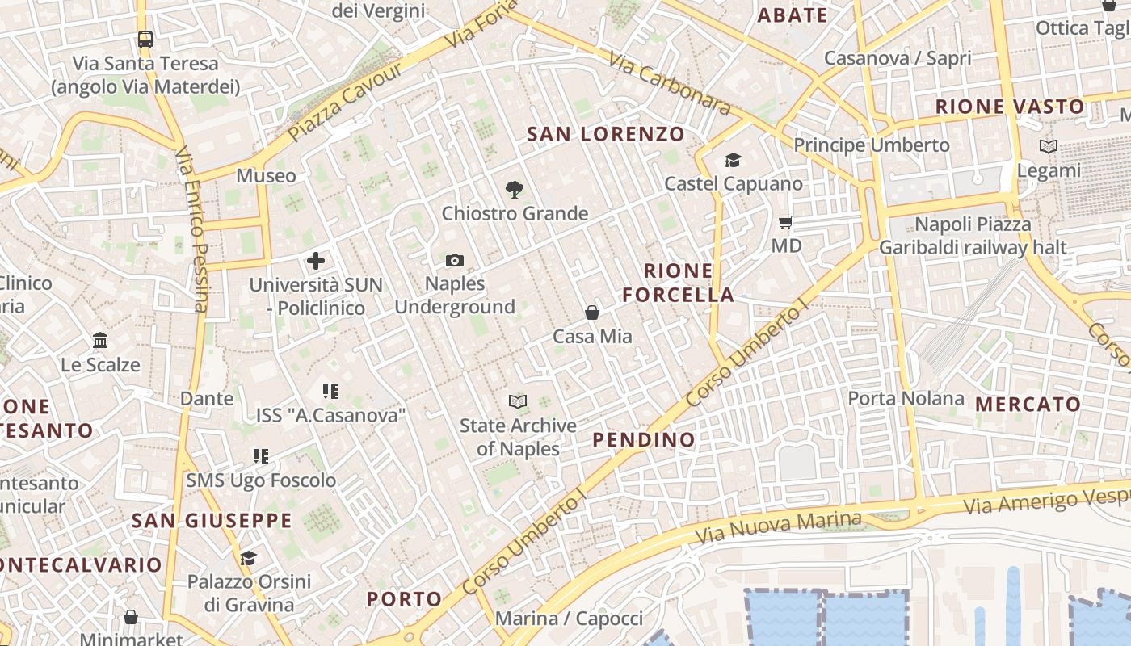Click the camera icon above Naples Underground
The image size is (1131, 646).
[x=455, y=260]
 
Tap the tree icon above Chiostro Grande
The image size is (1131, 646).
[x=514, y=191]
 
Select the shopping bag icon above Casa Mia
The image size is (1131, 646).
[x=592, y=313]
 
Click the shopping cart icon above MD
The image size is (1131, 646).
[x=786, y=222]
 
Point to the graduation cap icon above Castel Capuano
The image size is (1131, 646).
[x=733, y=161]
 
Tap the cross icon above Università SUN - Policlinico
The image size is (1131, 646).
[x=316, y=261]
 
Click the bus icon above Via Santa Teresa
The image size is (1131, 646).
[x=145, y=39]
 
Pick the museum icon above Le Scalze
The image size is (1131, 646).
[x=100, y=340]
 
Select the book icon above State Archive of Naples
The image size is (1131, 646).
[x=518, y=401]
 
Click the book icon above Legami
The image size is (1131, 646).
[x=1049, y=147]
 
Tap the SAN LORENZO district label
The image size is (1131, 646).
[x=606, y=134]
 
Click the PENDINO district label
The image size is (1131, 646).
[x=644, y=439]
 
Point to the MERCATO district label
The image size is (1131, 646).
[x=1028, y=404]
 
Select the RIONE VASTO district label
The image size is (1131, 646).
[x=1010, y=107]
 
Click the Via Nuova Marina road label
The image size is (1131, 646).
[x=779, y=527]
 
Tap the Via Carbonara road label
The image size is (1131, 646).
[x=670, y=82]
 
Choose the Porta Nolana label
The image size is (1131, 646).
[x=906, y=398]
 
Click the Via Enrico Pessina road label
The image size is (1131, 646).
[x=191, y=229]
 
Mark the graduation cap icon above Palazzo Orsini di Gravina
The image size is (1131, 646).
[x=248, y=558]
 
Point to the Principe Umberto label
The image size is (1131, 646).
[x=872, y=145]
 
